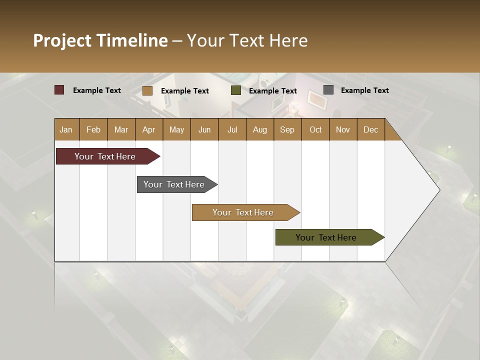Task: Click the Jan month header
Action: [x=66, y=129]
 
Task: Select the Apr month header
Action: [x=148, y=129]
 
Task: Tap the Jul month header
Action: [x=232, y=129]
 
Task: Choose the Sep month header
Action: [x=287, y=129]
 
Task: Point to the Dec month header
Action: [x=370, y=129]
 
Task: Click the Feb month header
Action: [x=93, y=129]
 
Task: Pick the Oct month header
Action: [x=315, y=129]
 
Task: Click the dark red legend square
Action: [x=59, y=90]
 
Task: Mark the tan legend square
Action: [x=147, y=90]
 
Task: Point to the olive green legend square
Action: [x=236, y=90]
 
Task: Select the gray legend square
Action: [x=328, y=90]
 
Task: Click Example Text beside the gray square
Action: [x=364, y=90]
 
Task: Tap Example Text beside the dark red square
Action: [x=97, y=90]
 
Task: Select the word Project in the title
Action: [x=62, y=40]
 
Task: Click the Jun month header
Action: [x=204, y=129]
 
